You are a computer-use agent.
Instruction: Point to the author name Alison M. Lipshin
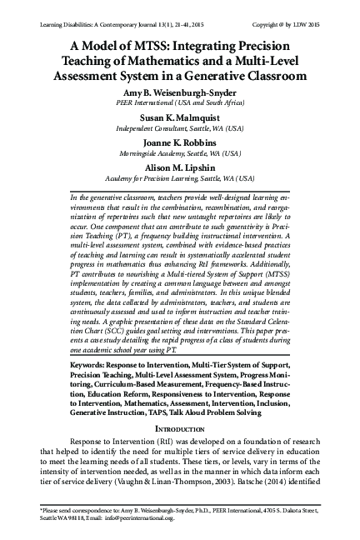pos(180,167)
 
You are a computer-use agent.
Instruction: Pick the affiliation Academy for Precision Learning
pos(180,177)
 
